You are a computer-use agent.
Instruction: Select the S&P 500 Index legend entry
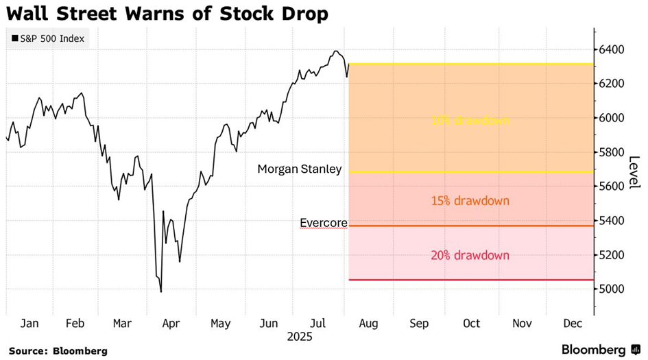[x=47, y=38]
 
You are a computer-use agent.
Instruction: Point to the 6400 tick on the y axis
[x=611, y=49]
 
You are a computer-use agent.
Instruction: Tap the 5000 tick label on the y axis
[x=611, y=289]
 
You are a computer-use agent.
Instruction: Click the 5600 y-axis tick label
[x=611, y=187]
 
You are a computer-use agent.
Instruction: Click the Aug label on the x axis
[x=368, y=323]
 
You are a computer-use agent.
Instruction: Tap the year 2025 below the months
[x=299, y=337]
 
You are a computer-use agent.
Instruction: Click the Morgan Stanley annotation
[x=299, y=169]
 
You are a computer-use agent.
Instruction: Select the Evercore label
[x=324, y=223]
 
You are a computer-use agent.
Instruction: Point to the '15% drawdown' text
[x=470, y=201]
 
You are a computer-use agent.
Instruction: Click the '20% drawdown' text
[x=470, y=255]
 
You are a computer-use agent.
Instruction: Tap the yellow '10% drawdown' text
[x=470, y=121]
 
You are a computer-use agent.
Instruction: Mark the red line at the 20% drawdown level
[x=470, y=280]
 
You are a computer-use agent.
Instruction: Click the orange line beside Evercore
[x=470, y=226]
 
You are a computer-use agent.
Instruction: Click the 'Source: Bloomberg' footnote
[x=58, y=350]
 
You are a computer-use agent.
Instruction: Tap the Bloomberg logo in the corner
[x=594, y=350]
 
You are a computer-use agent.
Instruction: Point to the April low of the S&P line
[x=161, y=292]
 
